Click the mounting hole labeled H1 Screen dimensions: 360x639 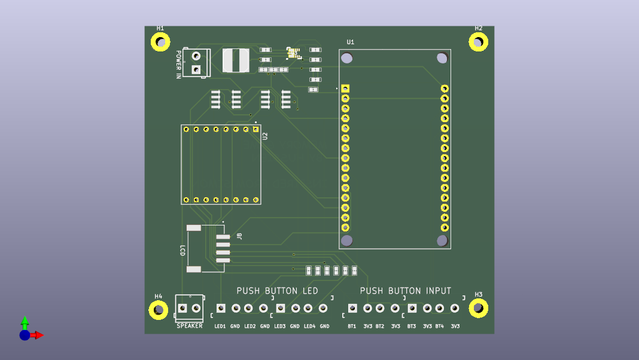click(160, 42)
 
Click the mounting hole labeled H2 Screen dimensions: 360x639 click(478, 42)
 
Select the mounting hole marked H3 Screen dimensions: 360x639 click(479, 308)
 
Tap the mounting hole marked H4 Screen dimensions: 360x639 click(159, 310)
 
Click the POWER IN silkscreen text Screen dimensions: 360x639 click(178, 65)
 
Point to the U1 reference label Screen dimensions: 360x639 click(351, 42)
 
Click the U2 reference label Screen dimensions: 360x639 click(266, 136)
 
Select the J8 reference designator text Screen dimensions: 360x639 click(239, 236)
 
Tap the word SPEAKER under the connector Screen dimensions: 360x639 click(189, 326)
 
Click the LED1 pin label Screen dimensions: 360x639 click(220, 327)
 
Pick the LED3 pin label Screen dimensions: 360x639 click(280, 327)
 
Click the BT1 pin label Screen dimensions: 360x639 click(352, 327)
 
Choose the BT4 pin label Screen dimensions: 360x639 click(440, 327)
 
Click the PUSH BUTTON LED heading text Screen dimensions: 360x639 click(277, 291)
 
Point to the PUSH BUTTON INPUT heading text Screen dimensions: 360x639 click(406, 291)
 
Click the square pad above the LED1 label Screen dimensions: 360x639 click(221, 308)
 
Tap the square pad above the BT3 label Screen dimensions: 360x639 click(412, 308)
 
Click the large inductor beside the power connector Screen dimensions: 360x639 click(236, 60)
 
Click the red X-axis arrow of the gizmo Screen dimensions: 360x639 click(38, 335)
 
